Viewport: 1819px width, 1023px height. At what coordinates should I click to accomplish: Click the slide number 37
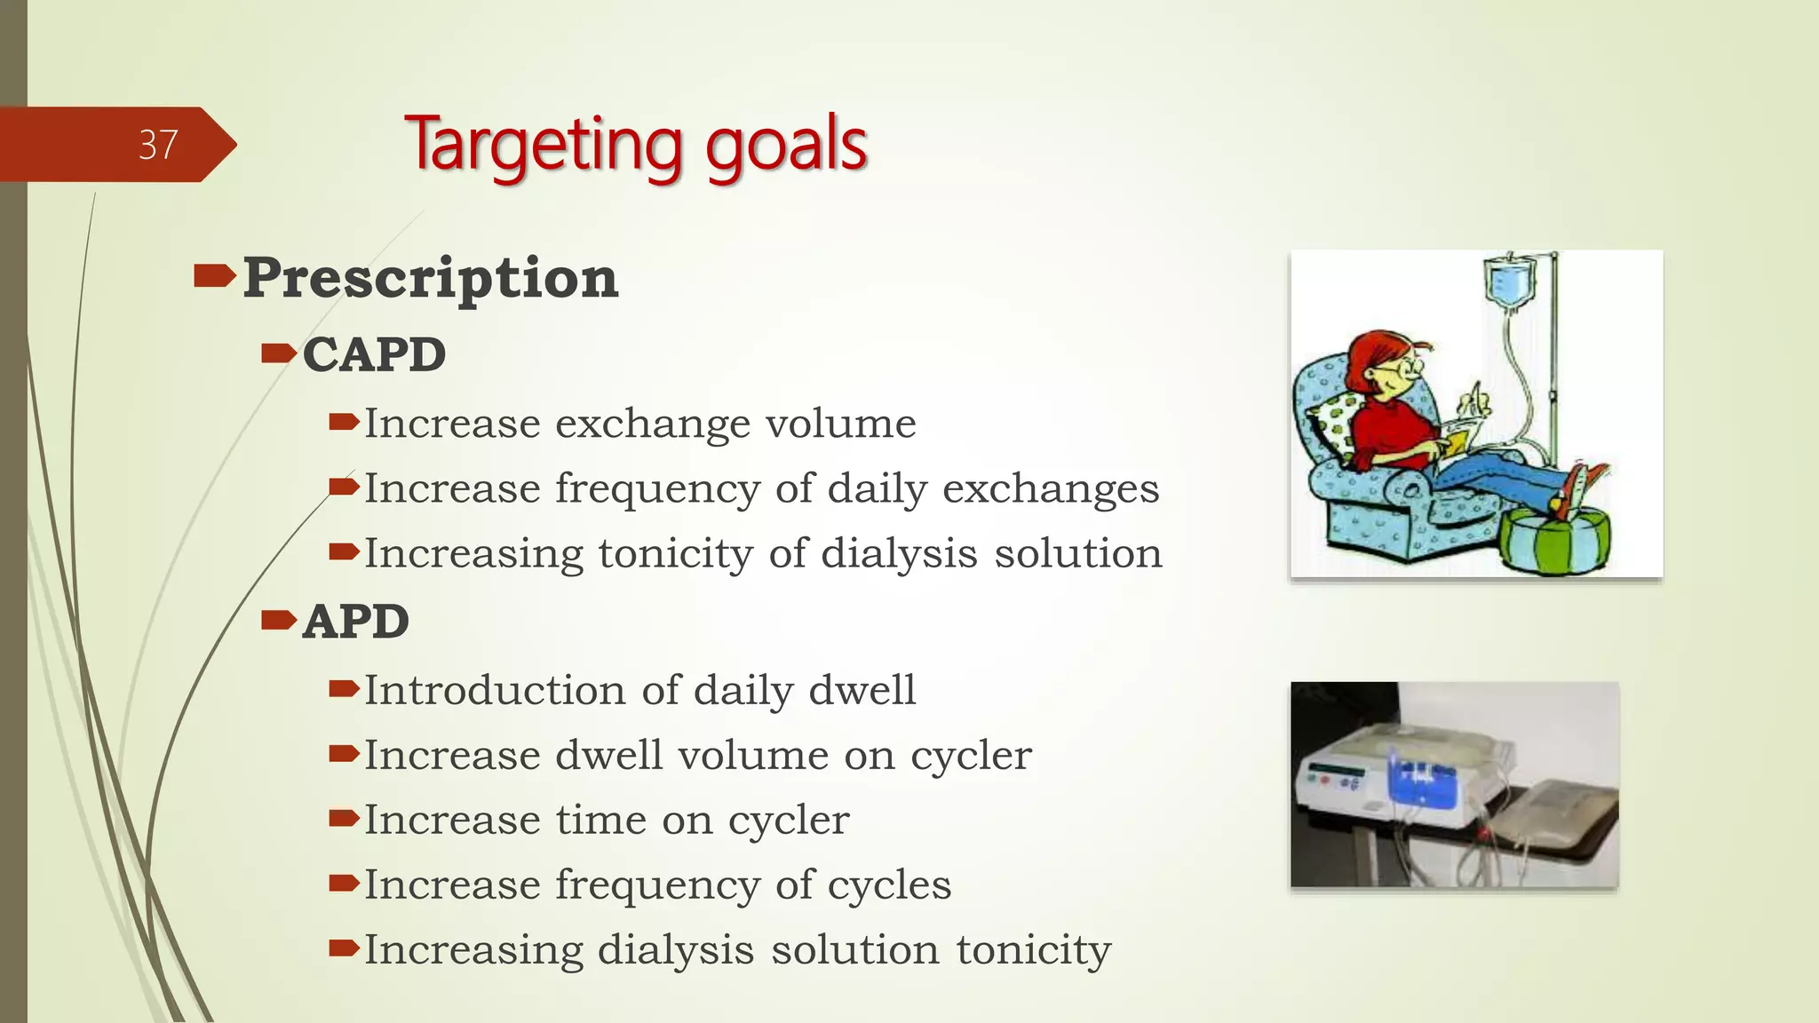pyautogui.click(x=158, y=145)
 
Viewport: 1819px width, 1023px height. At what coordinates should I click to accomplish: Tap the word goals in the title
pyautogui.click(x=785, y=145)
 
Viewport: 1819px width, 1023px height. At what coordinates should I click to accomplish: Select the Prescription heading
pyautogui.click(x=430, y=278)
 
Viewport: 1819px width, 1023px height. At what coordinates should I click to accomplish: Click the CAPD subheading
pyautogui.click(x=374, y=354)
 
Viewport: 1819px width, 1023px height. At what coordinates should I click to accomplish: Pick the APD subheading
pyautogui.click(x=355, y=621)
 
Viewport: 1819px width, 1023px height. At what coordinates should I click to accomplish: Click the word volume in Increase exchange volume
pyautogui.click(x=840, y=424)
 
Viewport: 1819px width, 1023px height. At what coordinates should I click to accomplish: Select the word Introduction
pyautogui.click(x=495, y=691)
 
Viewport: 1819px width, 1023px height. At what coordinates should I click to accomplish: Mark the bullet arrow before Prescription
pyautogui.click(x=213, y=277)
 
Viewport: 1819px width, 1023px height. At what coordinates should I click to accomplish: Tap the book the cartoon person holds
pyautogui.click(x=1457, y=439)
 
